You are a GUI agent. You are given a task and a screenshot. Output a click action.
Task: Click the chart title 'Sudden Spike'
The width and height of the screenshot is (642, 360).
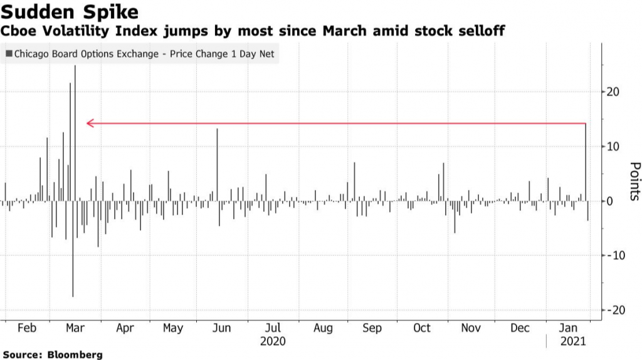click(x=70, y=11)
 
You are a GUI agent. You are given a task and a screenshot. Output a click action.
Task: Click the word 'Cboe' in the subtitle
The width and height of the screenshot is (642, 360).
click(x=20, y=30)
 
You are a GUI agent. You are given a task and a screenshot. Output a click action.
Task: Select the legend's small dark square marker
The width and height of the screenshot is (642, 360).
click(x=8, y=54)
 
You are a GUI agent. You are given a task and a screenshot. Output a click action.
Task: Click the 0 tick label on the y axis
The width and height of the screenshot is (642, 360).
click(x=610, y=201)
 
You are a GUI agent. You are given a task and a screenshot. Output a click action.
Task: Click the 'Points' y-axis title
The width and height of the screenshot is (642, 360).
click(x=634, y=181)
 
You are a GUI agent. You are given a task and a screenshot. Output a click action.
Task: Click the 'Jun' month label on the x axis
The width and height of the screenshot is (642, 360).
click(x=222, y=328)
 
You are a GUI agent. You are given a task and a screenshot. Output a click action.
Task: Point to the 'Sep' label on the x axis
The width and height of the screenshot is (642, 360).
click(x=372, y=328)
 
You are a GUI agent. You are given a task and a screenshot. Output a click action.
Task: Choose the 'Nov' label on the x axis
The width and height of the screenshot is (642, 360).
click(x=471, y=328)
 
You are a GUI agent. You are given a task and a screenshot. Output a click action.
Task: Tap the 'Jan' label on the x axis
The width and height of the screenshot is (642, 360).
click(x=569, y=328)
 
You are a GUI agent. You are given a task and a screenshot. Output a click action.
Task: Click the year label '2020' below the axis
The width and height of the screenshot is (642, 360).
click(x=272, y=342)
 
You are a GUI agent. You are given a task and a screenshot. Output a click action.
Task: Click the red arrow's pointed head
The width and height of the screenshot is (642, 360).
click(x=88, y=124)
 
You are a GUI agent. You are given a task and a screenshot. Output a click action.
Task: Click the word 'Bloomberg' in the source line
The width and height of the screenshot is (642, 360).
click(x=75, y=355)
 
